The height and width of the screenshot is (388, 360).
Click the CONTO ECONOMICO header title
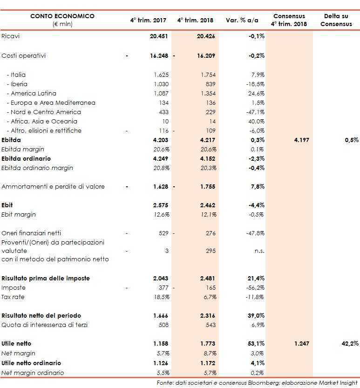click(62, 16)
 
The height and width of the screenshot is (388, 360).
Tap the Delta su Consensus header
click(336, 20)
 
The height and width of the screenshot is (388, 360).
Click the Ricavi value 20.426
click(206, 36)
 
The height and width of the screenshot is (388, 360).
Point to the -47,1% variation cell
click(256, 112)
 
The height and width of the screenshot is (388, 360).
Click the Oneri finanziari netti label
click(32, 233)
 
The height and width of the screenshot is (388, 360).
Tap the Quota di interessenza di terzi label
click(45, 325)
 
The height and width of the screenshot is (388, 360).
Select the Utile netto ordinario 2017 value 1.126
click(160, 363)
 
